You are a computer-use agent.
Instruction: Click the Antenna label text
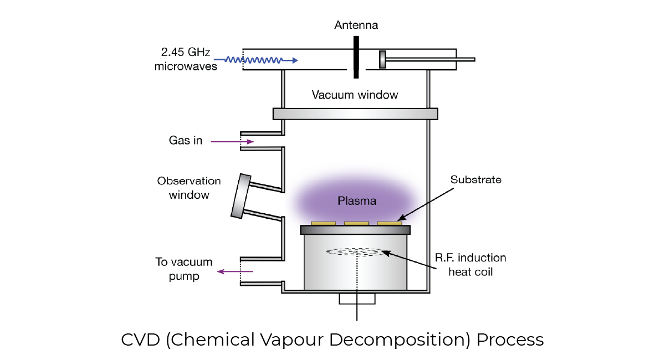[x=356, y=25]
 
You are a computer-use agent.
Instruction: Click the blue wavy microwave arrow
[x=255, y=60]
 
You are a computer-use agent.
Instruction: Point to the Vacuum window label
[x=355, y=95]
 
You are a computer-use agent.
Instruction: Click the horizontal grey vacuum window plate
[x=355, y=114]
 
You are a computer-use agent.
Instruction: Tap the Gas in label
[x=186, y=141]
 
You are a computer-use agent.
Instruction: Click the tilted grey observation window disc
[x=240, y=196]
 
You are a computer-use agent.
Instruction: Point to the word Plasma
[x=357, y=200]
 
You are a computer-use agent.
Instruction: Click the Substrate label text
[x=475, y=180]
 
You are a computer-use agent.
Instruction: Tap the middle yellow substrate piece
[x=356, y=223]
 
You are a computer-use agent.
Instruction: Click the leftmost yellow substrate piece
[x=323, y=223]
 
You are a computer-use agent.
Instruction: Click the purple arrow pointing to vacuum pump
[x=235, y=271]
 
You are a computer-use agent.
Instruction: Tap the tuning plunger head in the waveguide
[x=382, y=59]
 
